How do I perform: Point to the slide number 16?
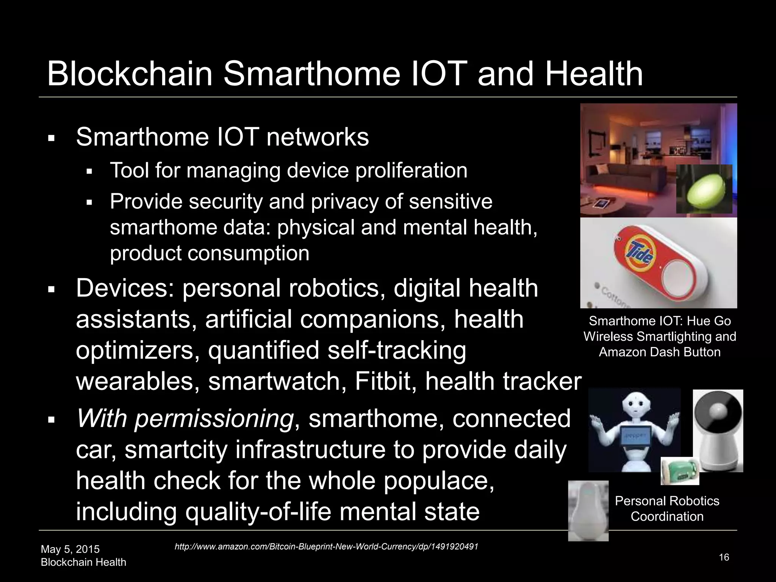click(724, 557)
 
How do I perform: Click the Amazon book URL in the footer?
click(326, 547)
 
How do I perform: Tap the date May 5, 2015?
click(70, 549)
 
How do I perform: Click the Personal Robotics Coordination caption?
click(667, 508)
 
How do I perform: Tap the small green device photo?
click(680, 471)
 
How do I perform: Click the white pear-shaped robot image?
click(588, 510)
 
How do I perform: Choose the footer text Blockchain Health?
click(83, 562)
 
